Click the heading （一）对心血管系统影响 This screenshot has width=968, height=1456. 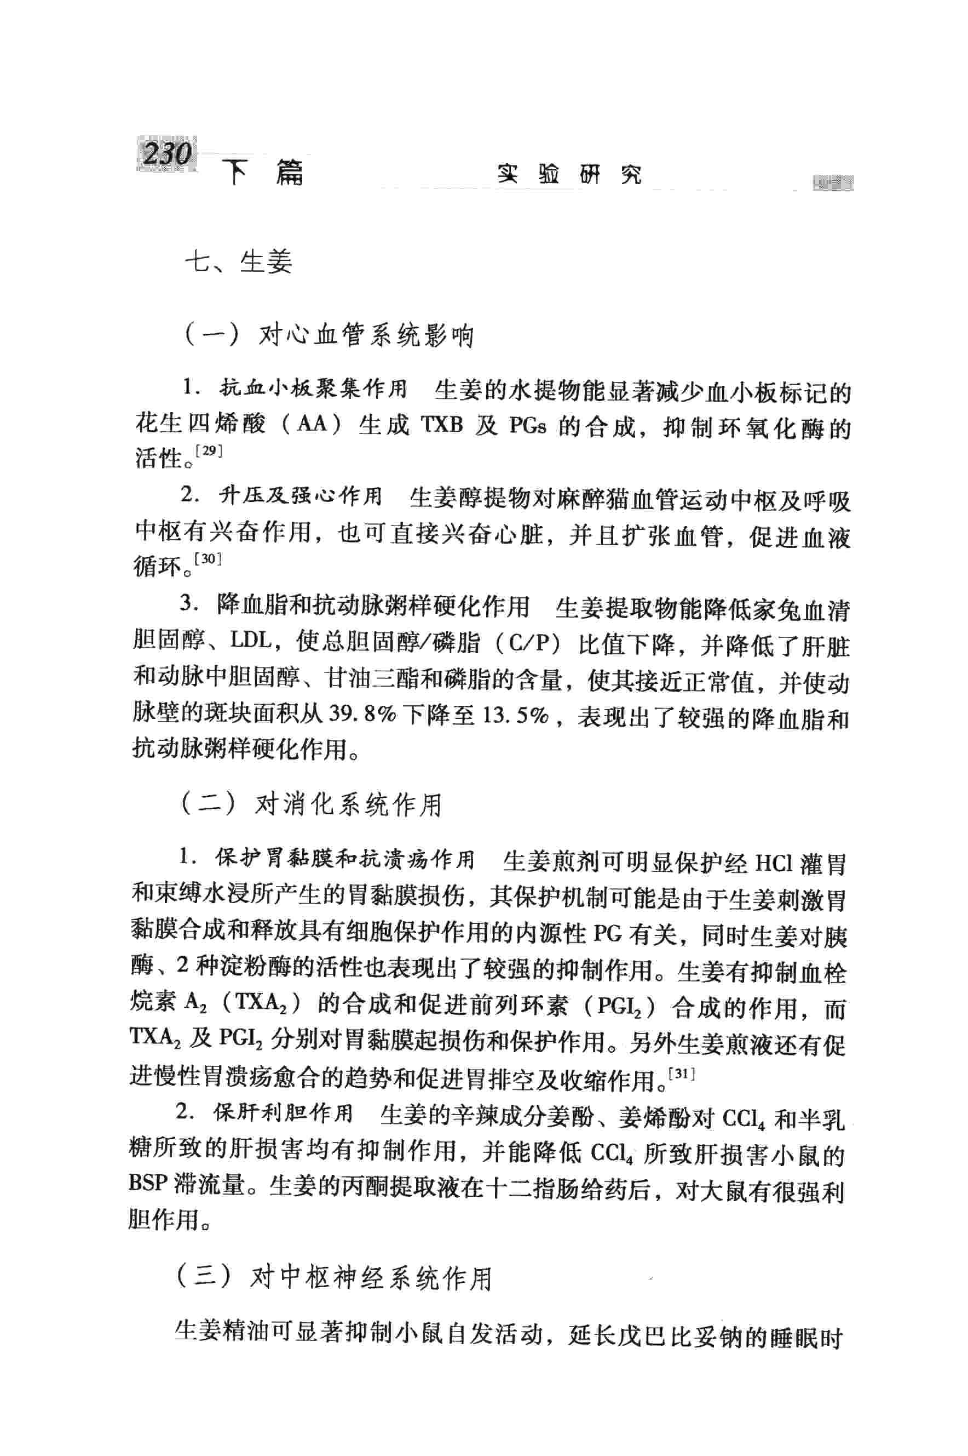coord(328,336)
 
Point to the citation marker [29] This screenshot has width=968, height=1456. coord(208,450)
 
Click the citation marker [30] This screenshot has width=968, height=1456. coord(208,559)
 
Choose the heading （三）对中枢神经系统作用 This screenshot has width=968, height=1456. coord(333,1277)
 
